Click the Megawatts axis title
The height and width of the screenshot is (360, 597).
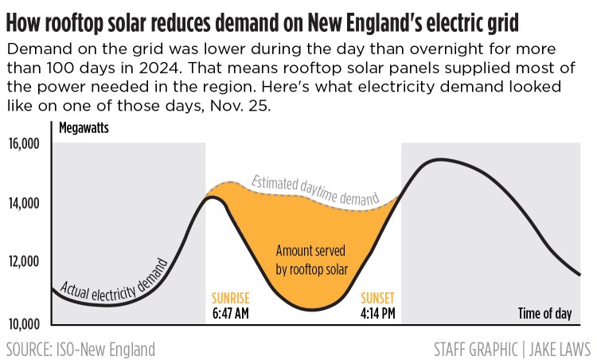coord(84,127)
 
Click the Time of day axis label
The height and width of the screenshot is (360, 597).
coord(544,313)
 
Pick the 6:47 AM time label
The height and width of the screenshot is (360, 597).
coord(231,313)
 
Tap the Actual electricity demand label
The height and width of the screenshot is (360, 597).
coord(114,279)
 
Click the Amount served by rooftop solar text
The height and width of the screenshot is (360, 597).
coord(311,259)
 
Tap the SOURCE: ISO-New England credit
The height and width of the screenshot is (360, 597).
coord(80,349)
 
